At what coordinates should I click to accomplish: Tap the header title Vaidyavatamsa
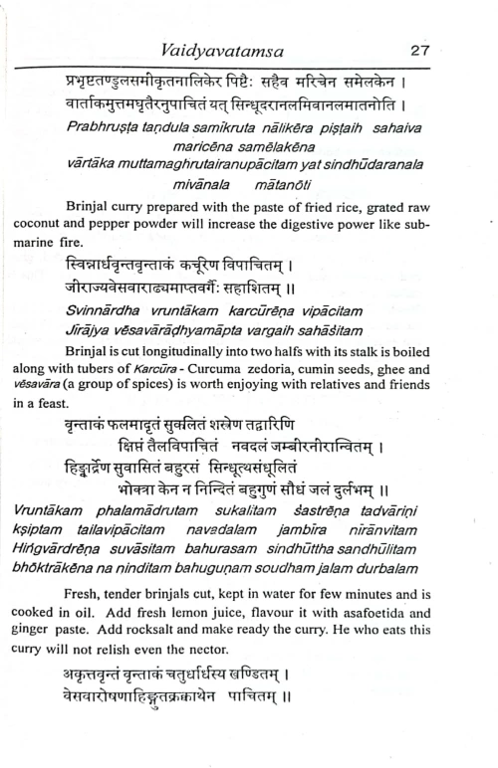tap(247, 49)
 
